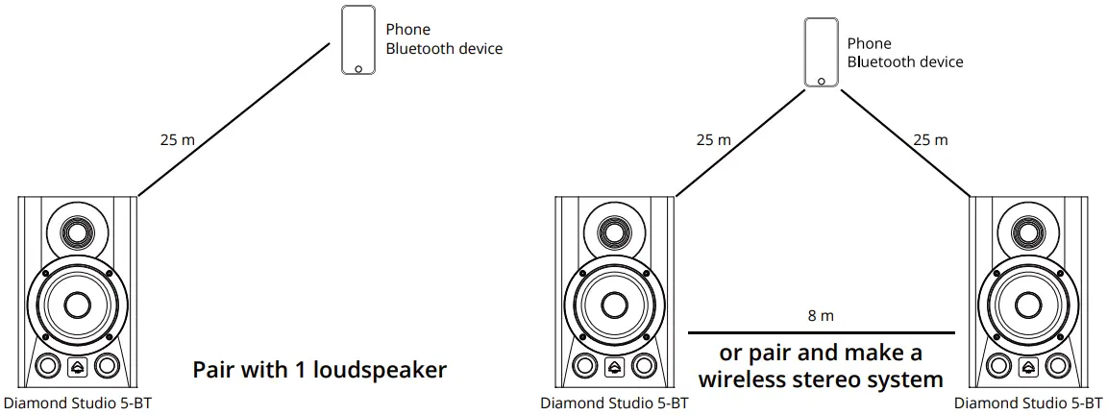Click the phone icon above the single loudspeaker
358,39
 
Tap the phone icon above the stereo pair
821,53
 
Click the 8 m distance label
822,315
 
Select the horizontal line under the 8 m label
822,332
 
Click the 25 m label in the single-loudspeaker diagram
177,140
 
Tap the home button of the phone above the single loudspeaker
358,68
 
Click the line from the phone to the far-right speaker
903,142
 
